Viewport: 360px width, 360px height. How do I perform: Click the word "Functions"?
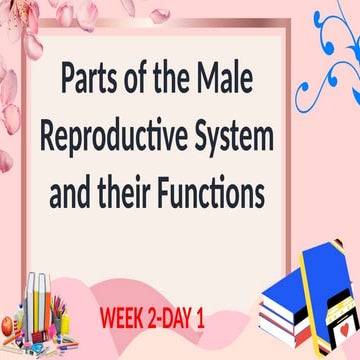[x=210, y=190]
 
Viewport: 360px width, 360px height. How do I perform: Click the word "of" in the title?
[x=149, y=77]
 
